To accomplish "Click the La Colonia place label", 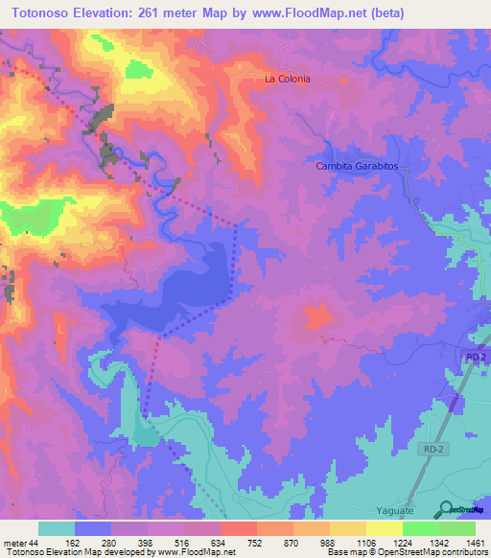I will pos(288,80).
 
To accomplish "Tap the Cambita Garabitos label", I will pos(357,166).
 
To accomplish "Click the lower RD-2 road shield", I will pos(434,448).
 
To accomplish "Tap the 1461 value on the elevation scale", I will pos(476,544).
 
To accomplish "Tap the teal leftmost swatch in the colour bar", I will pos(57,528).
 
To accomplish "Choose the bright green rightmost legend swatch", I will pos(456,528).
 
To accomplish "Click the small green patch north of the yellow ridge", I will pos(139,69).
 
